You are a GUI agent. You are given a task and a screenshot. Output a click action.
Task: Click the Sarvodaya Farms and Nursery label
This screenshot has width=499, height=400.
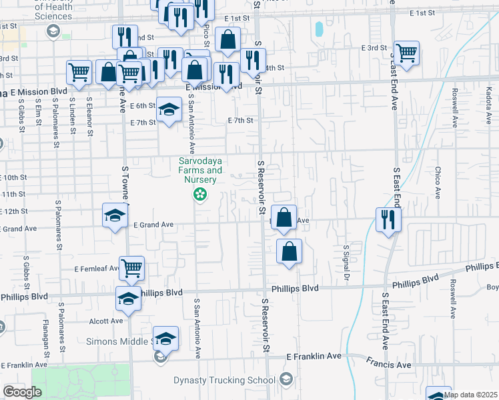pyautogui.click(x=199, y=171)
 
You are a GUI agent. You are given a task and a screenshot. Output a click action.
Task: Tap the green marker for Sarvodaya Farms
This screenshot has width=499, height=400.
pyautogui.click(x=199, y=195)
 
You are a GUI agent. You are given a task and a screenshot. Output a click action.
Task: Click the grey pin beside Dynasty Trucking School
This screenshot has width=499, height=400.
pyautogui.click(x=286, y=379)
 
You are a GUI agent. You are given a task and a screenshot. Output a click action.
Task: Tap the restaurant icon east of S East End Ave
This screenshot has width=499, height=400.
pyautogui.click(x=388, y=219)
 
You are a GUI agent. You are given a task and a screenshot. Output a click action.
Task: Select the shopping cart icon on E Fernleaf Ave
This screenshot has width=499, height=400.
pyautogui.click(x=131, y=267)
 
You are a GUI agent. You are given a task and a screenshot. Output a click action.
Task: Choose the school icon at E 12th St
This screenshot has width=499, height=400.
pyautogui.click(x=115, y=215)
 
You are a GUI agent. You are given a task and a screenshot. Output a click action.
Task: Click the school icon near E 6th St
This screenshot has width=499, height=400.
pyautogui.click(x=169, y=108)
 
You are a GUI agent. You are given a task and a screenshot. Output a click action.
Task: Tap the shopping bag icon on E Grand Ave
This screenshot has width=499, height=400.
pyautogui.click(x=284, y=217)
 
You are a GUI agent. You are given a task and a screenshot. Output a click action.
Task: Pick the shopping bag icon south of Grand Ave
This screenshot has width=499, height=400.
pyautogui.click(x=289, y=251)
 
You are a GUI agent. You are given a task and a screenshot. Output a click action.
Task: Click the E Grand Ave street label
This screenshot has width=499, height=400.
pyautogui.click(x=153, y=225)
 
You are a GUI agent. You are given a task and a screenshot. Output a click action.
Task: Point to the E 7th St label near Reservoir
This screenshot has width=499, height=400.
pyautogui.click(x=241, y=121)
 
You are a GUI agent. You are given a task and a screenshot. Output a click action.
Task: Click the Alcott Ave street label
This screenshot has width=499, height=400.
pyautogui.click(x=106, y=321)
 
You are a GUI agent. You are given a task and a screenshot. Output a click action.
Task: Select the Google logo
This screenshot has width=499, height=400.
pyautogui.click(x=23, y=392)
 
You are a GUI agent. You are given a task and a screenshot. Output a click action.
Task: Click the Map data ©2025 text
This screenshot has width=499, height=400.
pyautogui.click(x=471, y=395)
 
